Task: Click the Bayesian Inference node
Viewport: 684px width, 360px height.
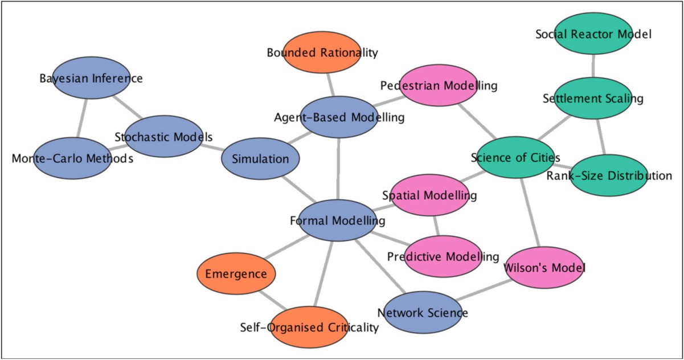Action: tap(91, 78)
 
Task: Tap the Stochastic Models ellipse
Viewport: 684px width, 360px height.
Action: tap(163, 137)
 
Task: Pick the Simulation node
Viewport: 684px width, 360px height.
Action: tap(260, 159)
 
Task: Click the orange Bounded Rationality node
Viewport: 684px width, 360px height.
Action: tap(322, 53)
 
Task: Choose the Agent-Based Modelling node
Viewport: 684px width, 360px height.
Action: tap(339, 117)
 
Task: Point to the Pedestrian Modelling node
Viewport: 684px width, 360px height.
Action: tap(438, 85)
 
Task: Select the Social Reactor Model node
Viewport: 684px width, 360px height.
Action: tap(593, 34)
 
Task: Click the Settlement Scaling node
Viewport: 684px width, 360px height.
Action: tap(592, 99)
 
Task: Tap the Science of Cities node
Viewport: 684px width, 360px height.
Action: tap(516, 157)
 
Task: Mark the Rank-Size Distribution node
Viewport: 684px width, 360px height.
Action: tap(609, 175)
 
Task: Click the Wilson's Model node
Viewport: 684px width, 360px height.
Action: tap(545, 267)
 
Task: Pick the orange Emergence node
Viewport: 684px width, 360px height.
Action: tap(236, 274)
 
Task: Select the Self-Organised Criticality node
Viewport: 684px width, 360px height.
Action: tap(309, 327)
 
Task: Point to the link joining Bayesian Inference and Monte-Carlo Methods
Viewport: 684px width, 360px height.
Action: tap(82, 118)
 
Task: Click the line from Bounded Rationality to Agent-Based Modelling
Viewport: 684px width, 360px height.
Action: tap(330, 85)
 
